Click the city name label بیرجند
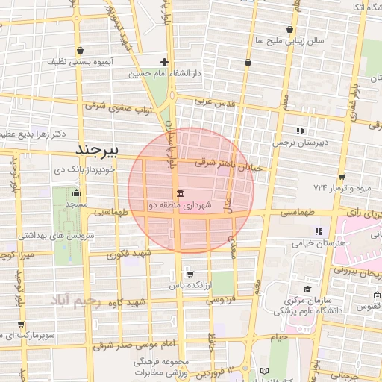pos(98,151)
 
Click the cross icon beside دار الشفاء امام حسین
pos(165,63)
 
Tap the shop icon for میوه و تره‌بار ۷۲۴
pos(341,177)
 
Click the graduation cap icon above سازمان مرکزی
pos(307,289)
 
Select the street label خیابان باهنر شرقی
pos(228,165)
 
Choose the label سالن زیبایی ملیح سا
pos(289,40)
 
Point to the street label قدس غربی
pos(216,99)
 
